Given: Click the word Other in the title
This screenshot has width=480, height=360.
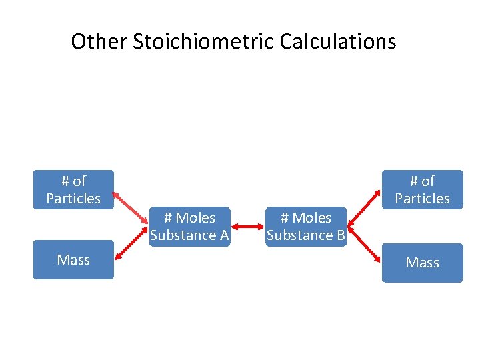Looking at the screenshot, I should point(99,42).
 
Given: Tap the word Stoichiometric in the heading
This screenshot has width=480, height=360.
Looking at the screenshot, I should point(204,42).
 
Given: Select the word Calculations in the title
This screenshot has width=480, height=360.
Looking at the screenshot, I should point(338,42).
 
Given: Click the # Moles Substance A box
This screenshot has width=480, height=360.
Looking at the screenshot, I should point(189,227).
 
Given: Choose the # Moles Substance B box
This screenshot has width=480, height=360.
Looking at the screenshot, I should point(306,227).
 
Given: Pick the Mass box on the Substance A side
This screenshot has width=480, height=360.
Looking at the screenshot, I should point(73,259).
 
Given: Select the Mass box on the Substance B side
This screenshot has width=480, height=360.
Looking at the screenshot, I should point(422,263).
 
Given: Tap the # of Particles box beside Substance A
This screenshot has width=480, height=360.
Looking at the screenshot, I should point(73,189).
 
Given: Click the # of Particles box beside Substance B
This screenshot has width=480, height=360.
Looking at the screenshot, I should point(422,189).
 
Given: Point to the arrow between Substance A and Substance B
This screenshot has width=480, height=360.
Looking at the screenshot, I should point(247,227).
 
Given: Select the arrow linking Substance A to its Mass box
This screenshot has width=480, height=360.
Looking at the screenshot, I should point(131,247).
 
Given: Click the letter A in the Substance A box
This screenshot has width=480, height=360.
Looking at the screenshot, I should point(224,235).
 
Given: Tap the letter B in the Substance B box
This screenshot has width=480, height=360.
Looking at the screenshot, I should point(340,235).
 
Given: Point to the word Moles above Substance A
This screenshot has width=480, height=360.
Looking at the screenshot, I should point(195,218).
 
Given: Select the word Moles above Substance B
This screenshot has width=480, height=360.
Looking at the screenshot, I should point(312,218).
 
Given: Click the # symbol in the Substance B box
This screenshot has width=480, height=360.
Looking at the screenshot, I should point(285,218).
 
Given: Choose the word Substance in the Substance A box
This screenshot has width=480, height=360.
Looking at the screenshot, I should point(183,235).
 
